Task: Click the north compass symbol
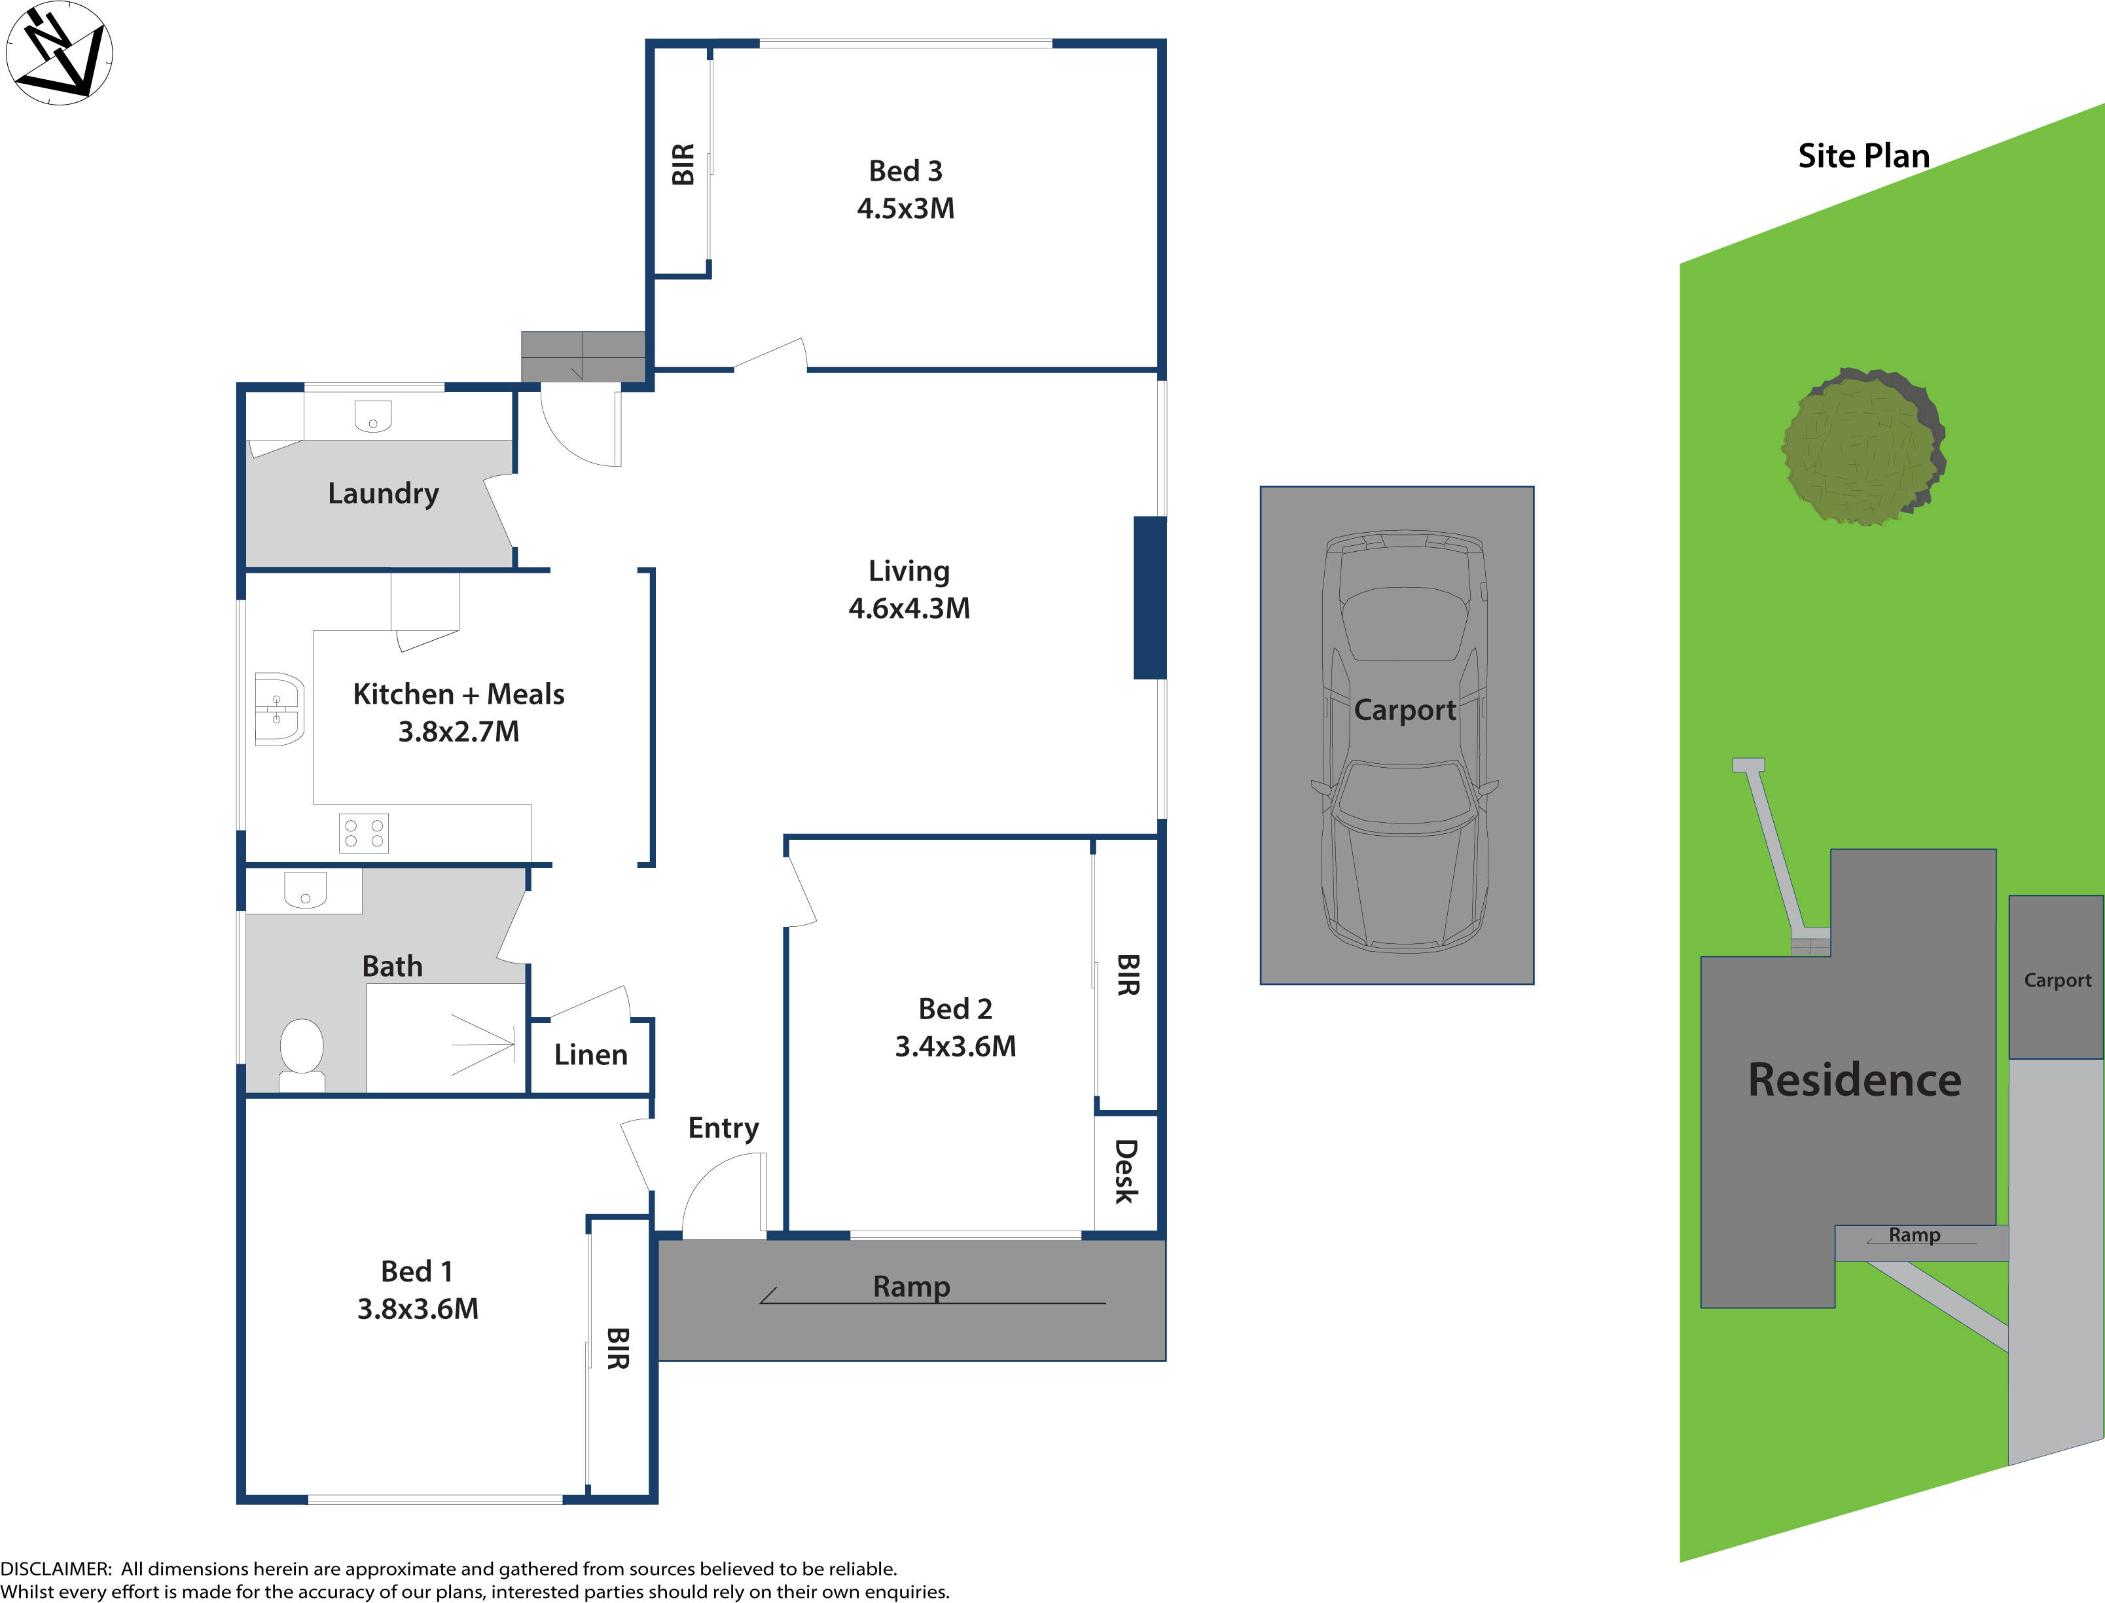(59, 54)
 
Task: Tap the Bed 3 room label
(905, 171)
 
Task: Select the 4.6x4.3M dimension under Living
(909, 609)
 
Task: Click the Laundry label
(383, 494)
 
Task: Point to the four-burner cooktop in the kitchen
(363, 833)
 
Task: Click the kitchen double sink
(279, 709)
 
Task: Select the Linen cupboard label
(590, 1054)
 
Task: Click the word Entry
(723, 1128)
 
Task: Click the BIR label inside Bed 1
(619, 1348)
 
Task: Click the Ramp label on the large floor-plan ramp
(911, 1286)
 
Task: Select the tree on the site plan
(1863, 446)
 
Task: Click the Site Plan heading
(1863, 156)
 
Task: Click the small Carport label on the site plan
(2057, 980)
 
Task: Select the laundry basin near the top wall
(372, 417)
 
